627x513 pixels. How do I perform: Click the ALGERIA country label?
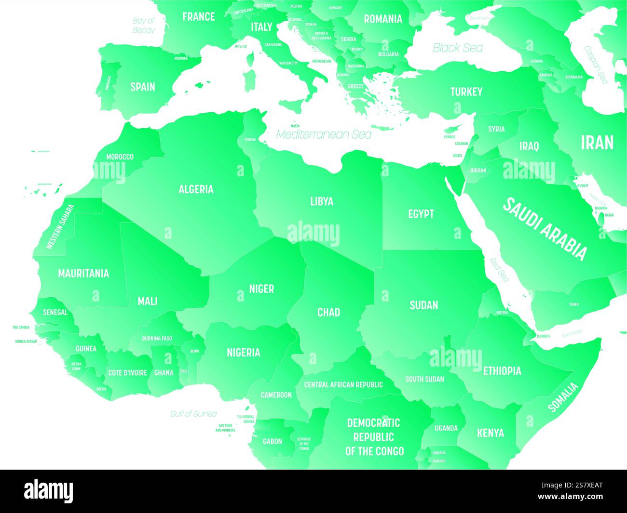click(196, 189)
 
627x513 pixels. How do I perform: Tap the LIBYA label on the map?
click(322, 201)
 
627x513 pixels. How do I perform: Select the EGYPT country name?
click(421, 214)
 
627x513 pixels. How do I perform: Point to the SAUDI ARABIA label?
click(545, 228)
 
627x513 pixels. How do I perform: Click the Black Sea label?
click(457, 48)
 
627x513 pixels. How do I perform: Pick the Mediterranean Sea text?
click(324, 134)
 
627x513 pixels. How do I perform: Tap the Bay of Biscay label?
click(144, 26)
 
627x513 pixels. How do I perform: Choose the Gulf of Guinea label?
click(193, 414)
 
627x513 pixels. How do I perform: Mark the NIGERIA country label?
click(244, 353)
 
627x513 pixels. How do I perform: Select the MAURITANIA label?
click(83, 274)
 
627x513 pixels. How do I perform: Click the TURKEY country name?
click(466, 92)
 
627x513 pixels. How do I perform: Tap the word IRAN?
click(597, 143)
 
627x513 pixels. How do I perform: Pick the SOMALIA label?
click(563, 397)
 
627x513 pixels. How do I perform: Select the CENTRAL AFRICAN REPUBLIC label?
click(343, 384)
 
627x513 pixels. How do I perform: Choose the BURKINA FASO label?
click(157, 339)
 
